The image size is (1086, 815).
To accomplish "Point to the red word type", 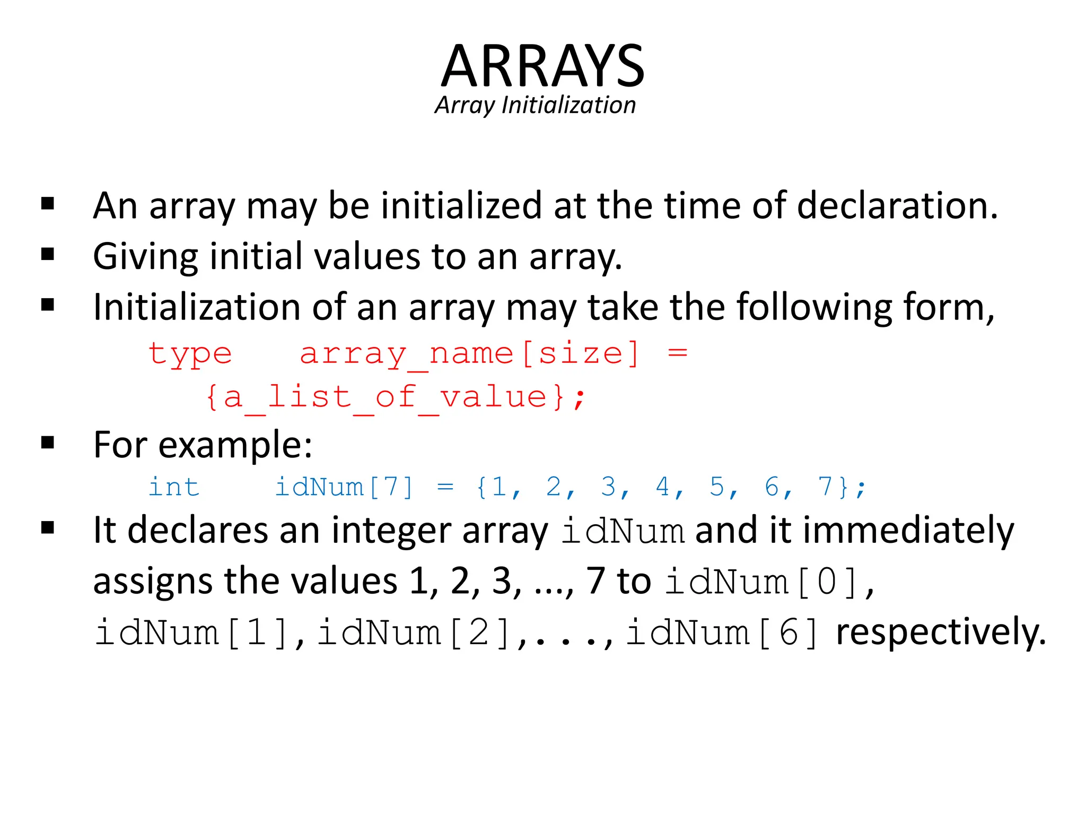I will pyautogui.click(x=190, y=354).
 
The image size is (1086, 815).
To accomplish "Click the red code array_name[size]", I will pyautogui.click(x=470, y=354).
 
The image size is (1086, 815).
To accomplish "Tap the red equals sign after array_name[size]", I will pyautogui.click(x=677, y=352).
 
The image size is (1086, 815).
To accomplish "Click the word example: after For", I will pyautogui.click(x=235, y=445).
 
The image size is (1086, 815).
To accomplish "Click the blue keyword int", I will pyautogui.click(x=174, y=487).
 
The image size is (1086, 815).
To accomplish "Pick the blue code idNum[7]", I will pyautogui.click(x=344, y=487).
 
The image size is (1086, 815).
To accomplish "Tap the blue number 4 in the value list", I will pyautogui.click(x=662, y=486).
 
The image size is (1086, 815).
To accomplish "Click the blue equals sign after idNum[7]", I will pyautogui.click(x=445, y=486).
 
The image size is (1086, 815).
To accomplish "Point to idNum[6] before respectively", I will pyautogui.click(x=722, y=632).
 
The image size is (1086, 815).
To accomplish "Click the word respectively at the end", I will pyautogui.click(x=941, y=632).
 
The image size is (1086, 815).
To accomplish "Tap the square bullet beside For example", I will pyautogui.click(x=48, y=443).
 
